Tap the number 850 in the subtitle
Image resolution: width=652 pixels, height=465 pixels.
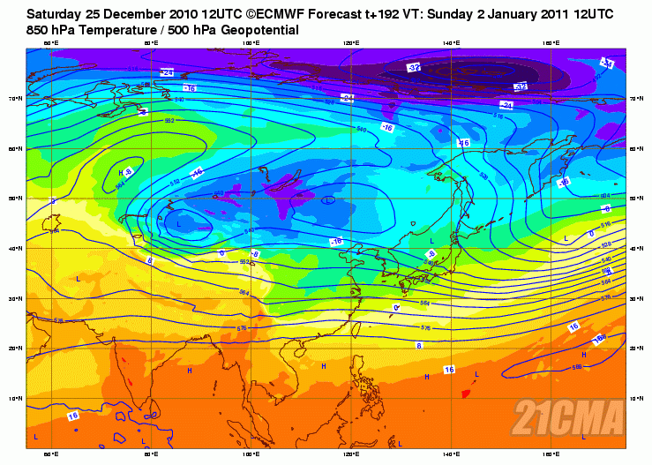click(x=40, y=30)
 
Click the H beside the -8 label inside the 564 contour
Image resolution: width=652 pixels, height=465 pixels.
click(x=120, y=174)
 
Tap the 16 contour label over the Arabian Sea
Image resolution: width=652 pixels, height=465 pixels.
click(x=72, y=415)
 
